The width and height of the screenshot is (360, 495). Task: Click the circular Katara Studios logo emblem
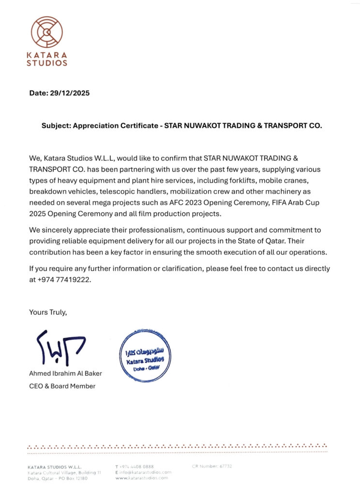click(x=47, y=32)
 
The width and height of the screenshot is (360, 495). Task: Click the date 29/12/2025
click(x=70, y=93)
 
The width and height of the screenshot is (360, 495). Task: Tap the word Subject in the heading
click(x=56, y=125)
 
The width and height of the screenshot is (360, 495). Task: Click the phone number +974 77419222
click(x=65, y=280)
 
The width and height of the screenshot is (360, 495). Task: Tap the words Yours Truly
click(x=48, y=312)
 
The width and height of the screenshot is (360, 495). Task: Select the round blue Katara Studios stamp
click(x=145, y=355)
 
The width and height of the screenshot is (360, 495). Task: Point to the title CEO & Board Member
click(x=62, y=386)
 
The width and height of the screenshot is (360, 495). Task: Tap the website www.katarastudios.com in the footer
click(x=142, y=478)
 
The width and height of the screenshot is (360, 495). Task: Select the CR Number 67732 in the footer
click(x=212, y=466)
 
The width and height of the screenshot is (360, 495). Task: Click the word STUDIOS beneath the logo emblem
click(x=47, y=63)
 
